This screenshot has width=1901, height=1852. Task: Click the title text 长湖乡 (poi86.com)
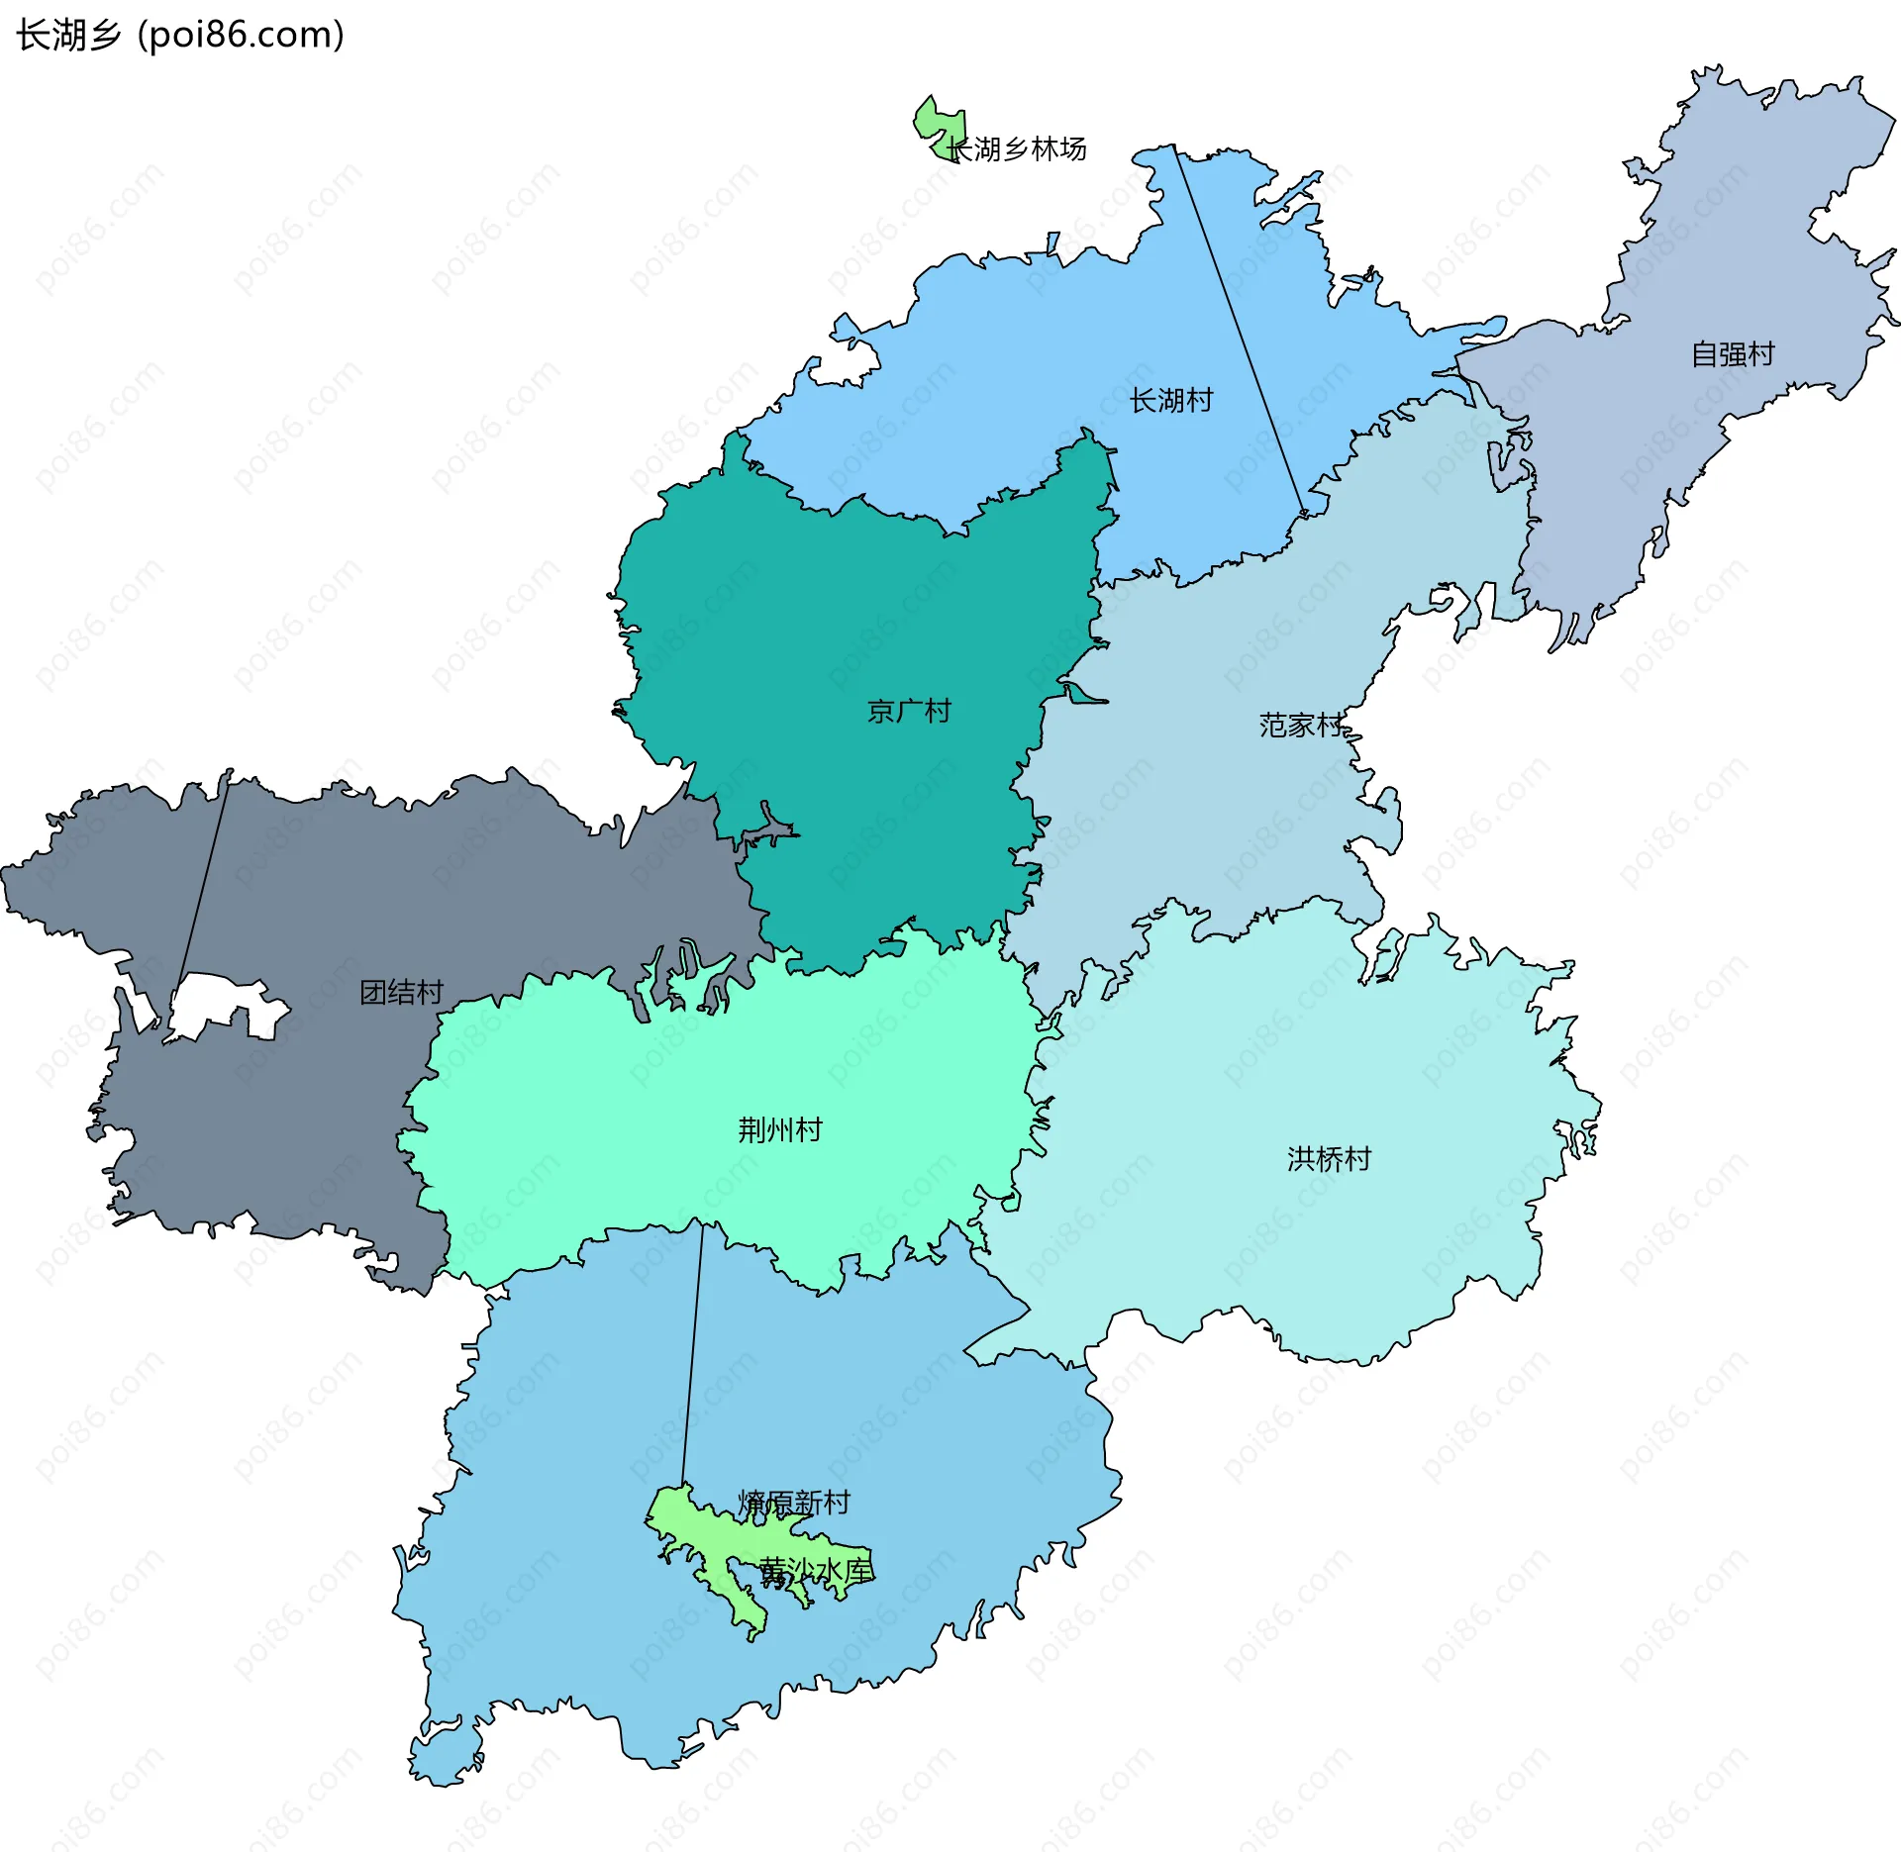coord(180,35)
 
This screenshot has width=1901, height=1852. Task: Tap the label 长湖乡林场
coord(1017,149)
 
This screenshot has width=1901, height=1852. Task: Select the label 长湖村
coord(1171,401)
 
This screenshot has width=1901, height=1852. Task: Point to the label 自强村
coord(1733,354)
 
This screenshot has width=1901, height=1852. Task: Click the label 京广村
coord(909,712)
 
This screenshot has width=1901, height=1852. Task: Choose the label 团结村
coord(401,993)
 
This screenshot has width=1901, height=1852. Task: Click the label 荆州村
coord(780,1129)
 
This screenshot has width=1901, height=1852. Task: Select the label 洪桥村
coord(1329,1159)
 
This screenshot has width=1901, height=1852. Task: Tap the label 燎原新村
coord(794,1503)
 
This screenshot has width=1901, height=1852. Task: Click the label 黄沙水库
coord(816,1571)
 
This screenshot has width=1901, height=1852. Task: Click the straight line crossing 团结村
coord(203,881)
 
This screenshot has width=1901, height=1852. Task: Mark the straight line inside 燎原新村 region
coord(692,1356)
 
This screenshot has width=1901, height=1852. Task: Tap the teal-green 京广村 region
coord(842,614)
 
